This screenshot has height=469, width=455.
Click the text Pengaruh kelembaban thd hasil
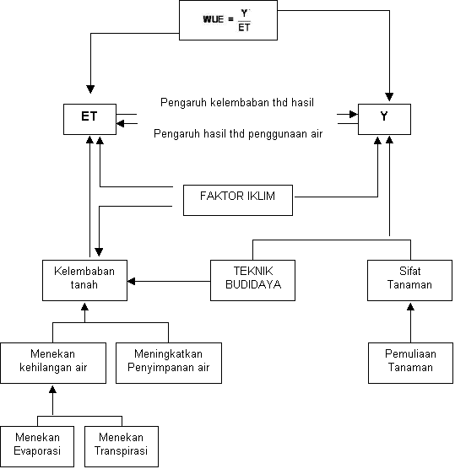coord(237,103)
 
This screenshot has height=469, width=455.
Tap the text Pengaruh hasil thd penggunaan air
coord(238,134)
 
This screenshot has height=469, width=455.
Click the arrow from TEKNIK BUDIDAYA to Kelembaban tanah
coord(169,281)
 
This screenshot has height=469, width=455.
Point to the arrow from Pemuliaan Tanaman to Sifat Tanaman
coord(410,323)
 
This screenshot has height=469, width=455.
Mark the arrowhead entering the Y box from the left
coord(354,114)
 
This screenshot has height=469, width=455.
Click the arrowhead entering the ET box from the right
coord(121,123)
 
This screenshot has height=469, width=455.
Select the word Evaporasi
coord(37,451)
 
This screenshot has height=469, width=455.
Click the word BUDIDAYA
coord(253,284)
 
